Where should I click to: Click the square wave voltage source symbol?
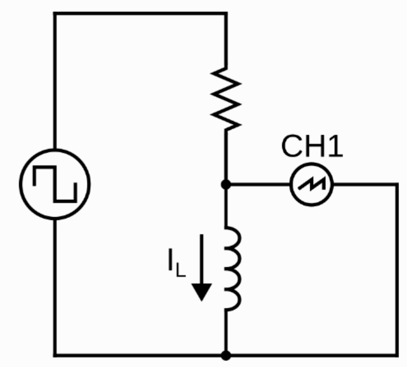click(x=54, y=185)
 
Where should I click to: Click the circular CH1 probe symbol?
click(x=311, y=185)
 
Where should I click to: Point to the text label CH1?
click(x=311, y=147)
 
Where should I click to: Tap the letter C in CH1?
click(x=291, y=147)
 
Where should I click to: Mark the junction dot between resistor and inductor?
click(x=227, y=185)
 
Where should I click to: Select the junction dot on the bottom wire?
click(x=227, y=356)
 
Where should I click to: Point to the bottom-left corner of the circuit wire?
click(x=54, y=356)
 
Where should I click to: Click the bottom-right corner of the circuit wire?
click(x=398, y=356)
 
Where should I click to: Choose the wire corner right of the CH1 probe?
click(x=398, y=185)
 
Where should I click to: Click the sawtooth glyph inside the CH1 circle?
click(x=311, y=185)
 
